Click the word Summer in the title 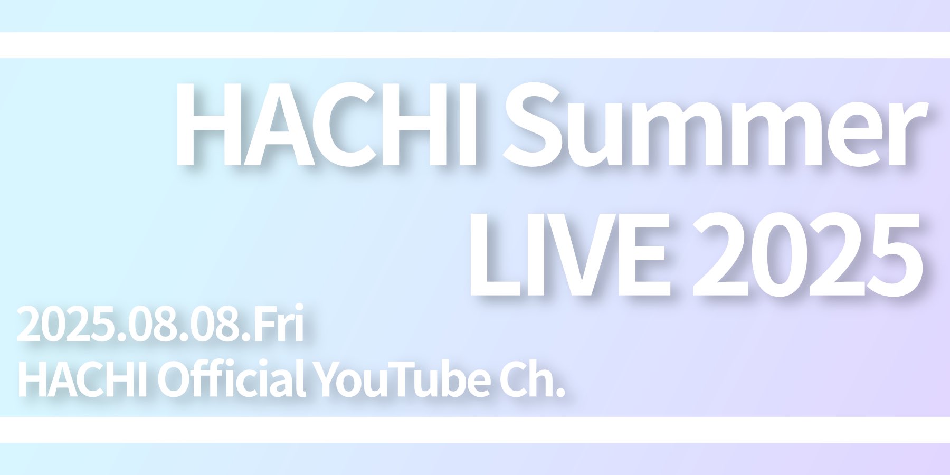pyautogui.click(x=715, y=125)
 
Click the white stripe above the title pyautogui.click(x=475, y=45)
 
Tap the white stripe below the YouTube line pyautogui.click(x=475, y=430)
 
